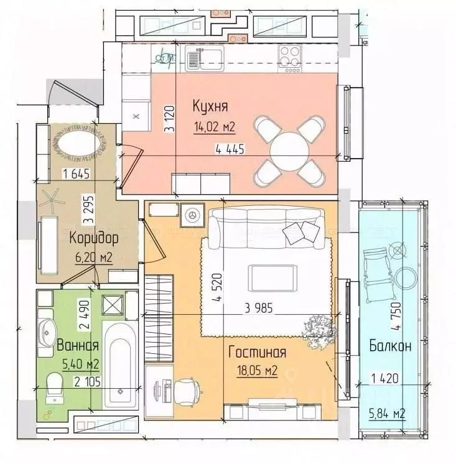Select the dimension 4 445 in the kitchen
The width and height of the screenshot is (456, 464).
pyautogui.click(x=230, y=149)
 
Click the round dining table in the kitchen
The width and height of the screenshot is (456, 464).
pyautogui.click(x=289, y=151)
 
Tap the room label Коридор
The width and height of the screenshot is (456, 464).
pyautogui.click(x=86, y=238)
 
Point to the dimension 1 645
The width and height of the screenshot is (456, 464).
pyautogui.click(x=76, y=174)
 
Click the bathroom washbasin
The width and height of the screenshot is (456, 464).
pyautogui.click(x=47, y=331)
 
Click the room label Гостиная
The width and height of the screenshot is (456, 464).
pyautogui.click(x=257, y=353)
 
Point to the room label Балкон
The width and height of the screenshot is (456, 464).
pyautogui.click(x=389, y=346)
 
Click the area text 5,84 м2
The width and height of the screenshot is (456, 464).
pyautogui.click(x=388, y=414)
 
